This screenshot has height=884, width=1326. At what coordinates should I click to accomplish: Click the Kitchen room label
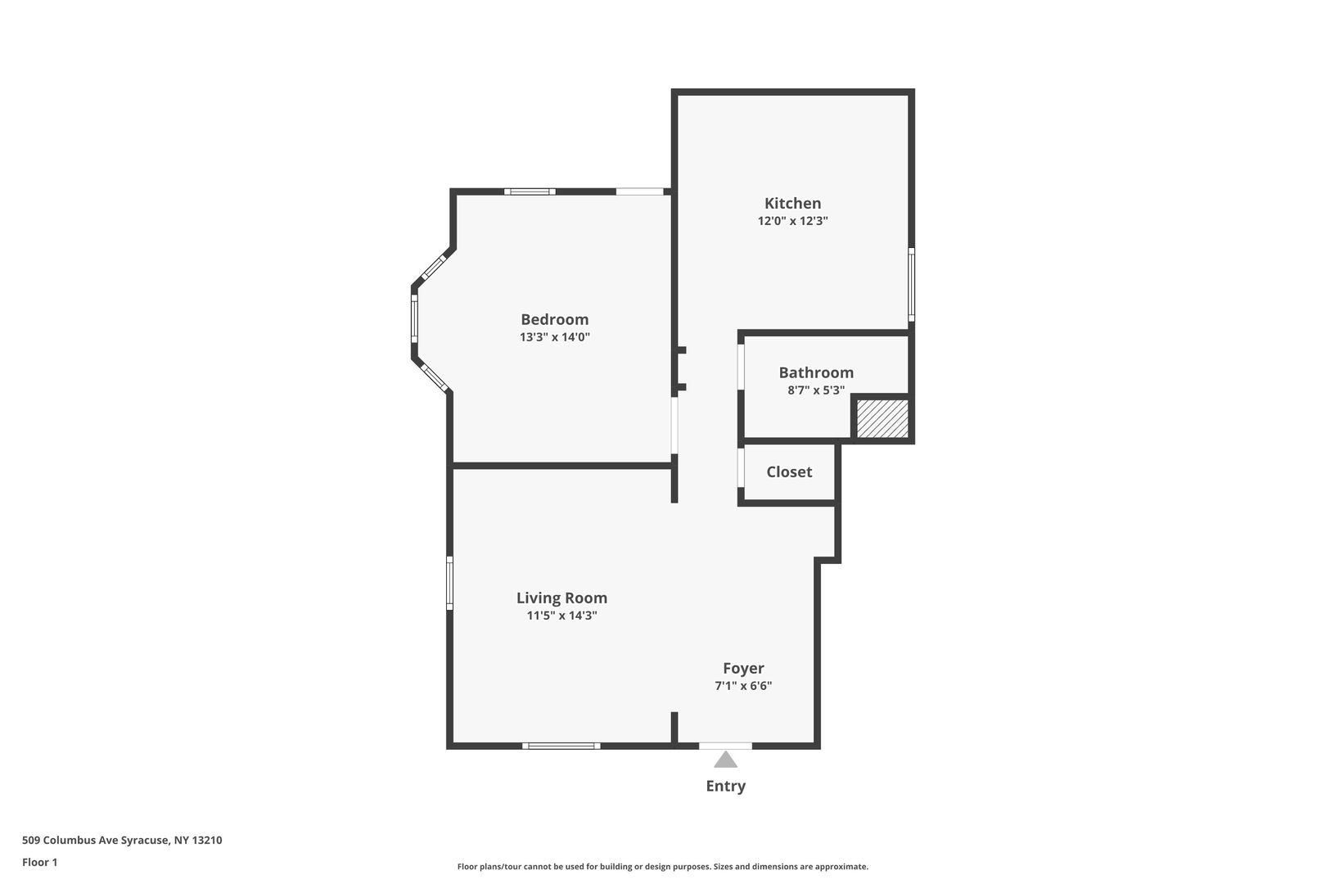792,203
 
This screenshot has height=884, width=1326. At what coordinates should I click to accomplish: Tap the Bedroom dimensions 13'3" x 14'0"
555,337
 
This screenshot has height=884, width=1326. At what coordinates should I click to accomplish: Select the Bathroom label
816,372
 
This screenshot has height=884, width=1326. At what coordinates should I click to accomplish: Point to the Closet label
789,472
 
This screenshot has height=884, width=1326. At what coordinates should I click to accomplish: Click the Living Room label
562,598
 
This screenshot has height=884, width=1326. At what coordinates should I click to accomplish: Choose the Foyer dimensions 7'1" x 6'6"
743,686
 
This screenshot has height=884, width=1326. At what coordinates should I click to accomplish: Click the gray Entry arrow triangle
725,759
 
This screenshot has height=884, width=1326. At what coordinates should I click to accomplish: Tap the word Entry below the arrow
726,787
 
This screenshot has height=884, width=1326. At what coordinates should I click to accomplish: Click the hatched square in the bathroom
882,418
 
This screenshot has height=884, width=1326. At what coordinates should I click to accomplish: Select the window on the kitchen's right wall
911,285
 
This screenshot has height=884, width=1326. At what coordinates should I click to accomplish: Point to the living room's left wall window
449,583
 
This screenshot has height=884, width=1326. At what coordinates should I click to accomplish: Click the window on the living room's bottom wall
562,746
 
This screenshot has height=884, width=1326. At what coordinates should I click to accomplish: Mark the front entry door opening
725,746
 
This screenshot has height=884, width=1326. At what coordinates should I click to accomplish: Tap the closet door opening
741,467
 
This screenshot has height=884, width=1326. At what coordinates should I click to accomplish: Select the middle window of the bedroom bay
414,319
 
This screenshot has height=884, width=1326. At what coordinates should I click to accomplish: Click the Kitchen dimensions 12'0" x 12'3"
792,221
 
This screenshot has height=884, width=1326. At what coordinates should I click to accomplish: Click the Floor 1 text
39,862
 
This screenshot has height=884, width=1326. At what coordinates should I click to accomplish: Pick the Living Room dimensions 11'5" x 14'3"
562,616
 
